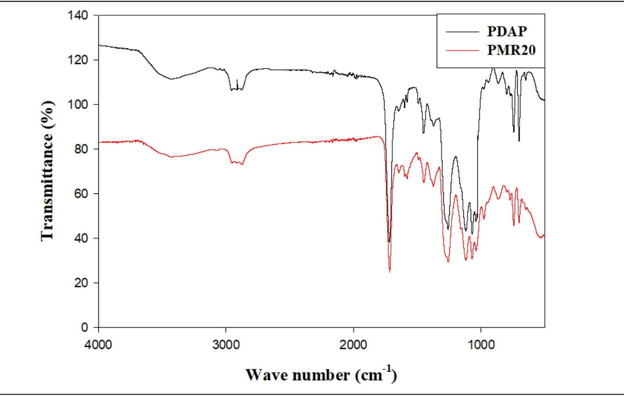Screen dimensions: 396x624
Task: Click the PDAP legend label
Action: [x=507, y=31]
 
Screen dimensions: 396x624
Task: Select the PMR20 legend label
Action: [x=511, y=50]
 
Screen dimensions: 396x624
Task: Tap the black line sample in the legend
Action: [x=462, y=32]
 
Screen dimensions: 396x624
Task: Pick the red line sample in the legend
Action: [x=462, y=51]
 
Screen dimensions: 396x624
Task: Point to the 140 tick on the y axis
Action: [x=78, y=15]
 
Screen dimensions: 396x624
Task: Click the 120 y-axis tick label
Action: [x=78, y=60]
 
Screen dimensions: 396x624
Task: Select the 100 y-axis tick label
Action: [x=78, y=105]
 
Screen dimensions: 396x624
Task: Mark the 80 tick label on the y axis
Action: [x=80, y=149]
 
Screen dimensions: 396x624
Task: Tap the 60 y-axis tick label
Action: [x=80, y=193]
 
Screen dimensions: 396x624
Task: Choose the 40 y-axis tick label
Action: [x=80, y=238]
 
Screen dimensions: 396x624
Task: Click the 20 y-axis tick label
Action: [x=80, y=283]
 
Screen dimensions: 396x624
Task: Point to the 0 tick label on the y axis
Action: [x=84, y=327]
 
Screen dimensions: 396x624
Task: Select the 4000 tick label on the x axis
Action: [x=98, y=345]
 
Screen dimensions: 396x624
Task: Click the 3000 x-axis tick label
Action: [x=226, y=345]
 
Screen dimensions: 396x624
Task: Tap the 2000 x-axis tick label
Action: [x=353, y=345]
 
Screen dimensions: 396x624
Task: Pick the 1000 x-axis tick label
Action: [x=481, y=345]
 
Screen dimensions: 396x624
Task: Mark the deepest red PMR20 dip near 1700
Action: [x=390, y=271]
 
